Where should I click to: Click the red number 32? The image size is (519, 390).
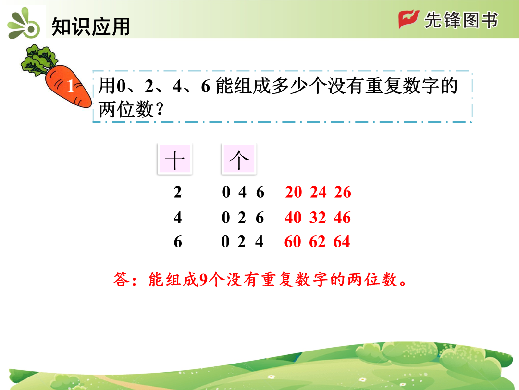coord(318,218)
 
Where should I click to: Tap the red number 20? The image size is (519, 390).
coord(293,192)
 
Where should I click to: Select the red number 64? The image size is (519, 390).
coord(342,241)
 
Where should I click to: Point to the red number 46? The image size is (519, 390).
coord(342,218)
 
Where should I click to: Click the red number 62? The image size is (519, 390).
coord(317,241)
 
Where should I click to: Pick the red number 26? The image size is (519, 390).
coord(343,192)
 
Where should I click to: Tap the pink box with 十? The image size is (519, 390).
coord(175,159)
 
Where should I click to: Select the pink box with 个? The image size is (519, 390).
coord(239,159)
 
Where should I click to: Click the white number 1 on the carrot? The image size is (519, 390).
coord(71,86)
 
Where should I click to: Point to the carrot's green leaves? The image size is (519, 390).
coord(39,60)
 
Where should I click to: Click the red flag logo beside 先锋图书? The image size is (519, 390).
coord(409,19)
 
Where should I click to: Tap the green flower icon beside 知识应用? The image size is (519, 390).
coord(24,24)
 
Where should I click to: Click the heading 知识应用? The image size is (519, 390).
coord(90,26)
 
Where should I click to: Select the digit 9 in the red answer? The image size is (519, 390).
coord(203,280)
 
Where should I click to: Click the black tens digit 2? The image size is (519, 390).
coord(178,192)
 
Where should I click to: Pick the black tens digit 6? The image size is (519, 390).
coord(178,242)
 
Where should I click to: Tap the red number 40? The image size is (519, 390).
coord(293,218)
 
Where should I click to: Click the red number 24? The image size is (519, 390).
coord(318,192)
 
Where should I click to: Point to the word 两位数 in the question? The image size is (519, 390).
coord(126,109)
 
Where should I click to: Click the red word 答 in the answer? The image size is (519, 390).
coord(122,279)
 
